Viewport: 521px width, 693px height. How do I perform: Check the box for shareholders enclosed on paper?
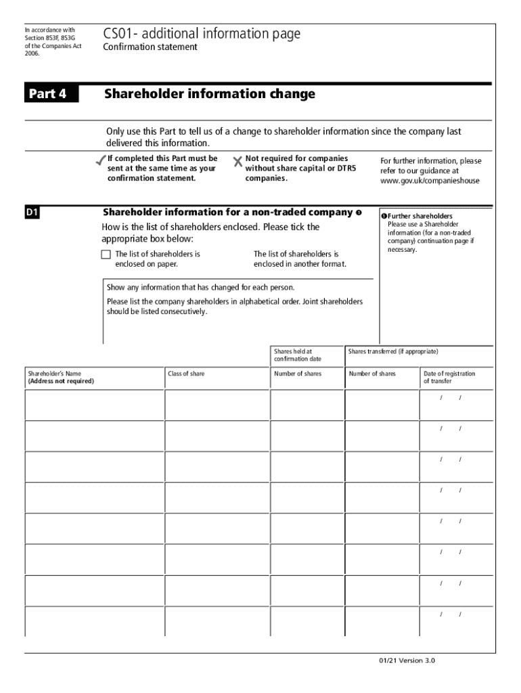tap(106, 254)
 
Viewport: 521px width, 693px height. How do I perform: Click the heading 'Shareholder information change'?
tap(210, 94)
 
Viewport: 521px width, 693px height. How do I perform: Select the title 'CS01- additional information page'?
tap(202, 34)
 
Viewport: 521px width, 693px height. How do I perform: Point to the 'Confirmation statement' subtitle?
tap(150, 47)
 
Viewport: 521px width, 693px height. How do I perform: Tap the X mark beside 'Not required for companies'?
tap(237, 162)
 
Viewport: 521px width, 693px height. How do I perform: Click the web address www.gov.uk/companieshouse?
tap(431, 181)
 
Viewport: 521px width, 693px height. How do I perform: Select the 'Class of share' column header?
tap(186, 374)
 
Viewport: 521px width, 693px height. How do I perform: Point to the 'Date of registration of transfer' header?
tap(449, 377)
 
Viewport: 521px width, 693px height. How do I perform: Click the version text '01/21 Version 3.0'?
tap(411, 661)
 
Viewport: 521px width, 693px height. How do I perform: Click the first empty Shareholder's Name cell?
tap(95, 405)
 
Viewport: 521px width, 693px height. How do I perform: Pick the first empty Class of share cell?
tap(217, 405)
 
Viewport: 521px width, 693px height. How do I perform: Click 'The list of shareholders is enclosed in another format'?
tap(300, 259)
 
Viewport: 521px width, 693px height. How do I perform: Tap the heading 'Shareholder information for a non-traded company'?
tap(227, 212)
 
